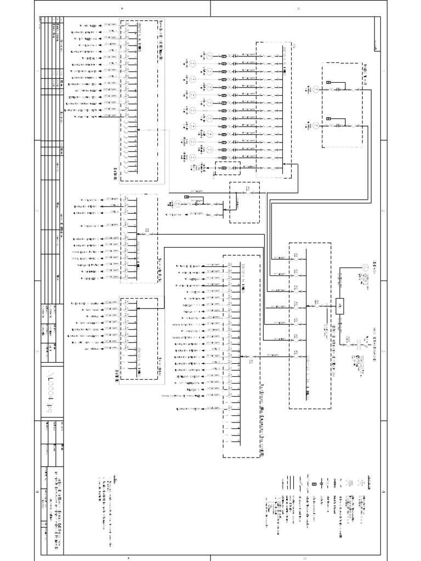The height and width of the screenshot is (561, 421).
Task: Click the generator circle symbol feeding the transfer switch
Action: [x=362, y=267]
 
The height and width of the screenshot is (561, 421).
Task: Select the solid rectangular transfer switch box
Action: [x=339, y=307]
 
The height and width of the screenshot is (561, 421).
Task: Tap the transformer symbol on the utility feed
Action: [x=361, y=345]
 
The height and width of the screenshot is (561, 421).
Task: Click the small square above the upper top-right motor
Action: [x=328, y=83]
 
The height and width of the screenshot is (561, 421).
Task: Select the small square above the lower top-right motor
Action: [x=328, y=119]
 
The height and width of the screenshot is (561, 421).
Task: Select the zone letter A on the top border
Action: [x=122, y=8]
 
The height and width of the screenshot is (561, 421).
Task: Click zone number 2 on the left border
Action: [x=37, y=211]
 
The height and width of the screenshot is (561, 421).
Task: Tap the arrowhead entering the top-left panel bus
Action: [x=138, y=130]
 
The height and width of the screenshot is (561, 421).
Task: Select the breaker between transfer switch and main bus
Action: [x=317, y=306]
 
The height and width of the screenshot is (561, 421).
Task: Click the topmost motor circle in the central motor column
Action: [x=209, y=55]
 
